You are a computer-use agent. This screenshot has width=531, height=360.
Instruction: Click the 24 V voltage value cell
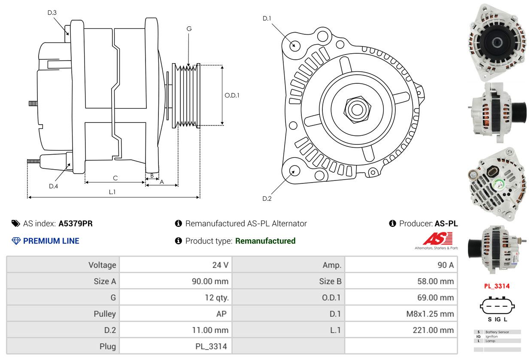tap(220, 265)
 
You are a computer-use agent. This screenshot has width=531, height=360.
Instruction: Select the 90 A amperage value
tap(445, 265)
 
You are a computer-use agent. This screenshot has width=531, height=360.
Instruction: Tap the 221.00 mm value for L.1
tap(434, 330)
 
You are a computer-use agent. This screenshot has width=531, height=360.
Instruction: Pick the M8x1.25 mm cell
tap(430, 314)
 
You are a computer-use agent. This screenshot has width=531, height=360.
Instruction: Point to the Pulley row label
tap(105, 314)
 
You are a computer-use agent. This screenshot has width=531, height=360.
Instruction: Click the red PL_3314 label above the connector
tap(497, 286)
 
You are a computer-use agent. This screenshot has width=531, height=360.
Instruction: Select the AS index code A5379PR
tap(76, 223)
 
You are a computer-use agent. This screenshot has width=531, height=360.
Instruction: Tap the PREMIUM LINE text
tap(51, 241)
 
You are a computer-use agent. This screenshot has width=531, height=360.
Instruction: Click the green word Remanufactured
tap(265, 241)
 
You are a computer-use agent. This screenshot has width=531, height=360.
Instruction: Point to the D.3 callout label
tap(52, 12)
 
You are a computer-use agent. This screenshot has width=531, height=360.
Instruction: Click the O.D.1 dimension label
tap(232, 95)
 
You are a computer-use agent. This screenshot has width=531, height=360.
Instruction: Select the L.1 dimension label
tap(112, 192)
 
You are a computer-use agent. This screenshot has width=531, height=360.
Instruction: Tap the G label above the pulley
tap(189, 29)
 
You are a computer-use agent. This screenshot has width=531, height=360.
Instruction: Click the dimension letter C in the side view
tap(115, 178)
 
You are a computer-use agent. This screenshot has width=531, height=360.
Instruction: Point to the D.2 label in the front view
tap(267, 198)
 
